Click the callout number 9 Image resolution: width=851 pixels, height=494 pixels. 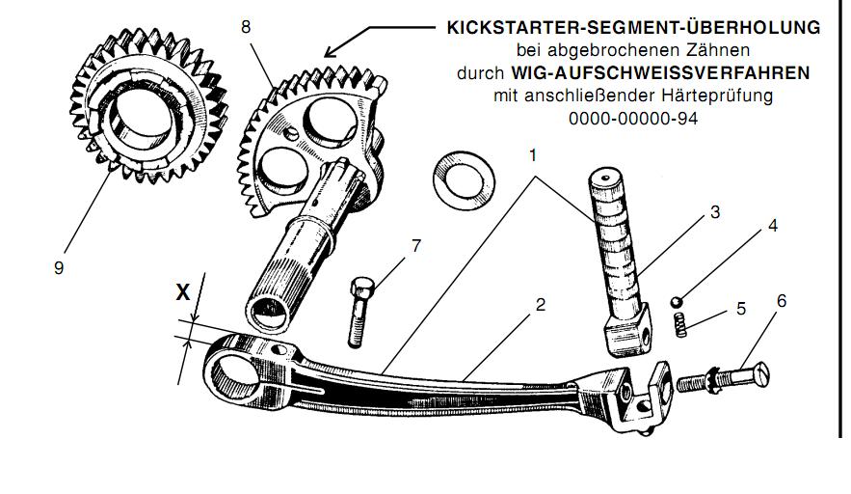tap(59, 267)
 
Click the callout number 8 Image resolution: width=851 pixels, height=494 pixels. tap(246, 27)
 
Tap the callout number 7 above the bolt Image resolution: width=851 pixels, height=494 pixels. tap(415, 246)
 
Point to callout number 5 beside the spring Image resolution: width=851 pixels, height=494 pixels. tap(741, 309)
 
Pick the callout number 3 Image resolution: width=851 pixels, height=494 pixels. tap(715, 212)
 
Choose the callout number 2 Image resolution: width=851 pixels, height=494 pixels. tap(542, 305)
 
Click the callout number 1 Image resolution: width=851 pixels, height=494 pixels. tap(533, 153)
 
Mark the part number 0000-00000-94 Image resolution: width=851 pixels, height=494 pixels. tap(632, 119)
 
